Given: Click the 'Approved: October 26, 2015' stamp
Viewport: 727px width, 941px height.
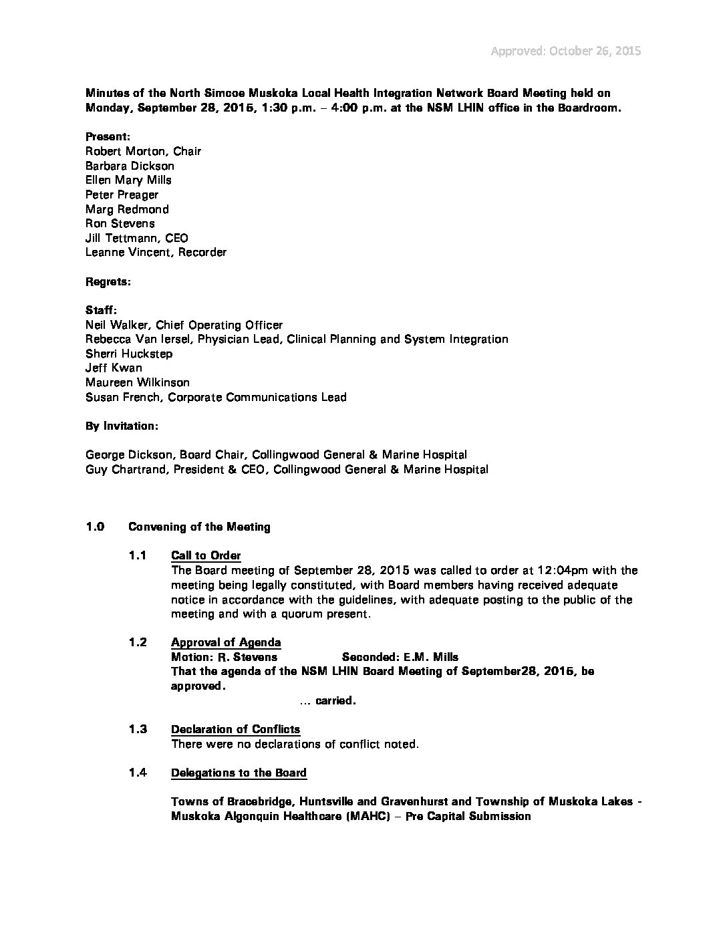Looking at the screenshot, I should (566, 51).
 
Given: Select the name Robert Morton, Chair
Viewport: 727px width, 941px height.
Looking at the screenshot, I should (143, 151).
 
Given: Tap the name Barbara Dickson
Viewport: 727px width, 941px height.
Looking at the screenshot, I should (130, 166).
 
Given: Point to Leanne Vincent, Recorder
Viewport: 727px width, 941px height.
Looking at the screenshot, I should (156, 252).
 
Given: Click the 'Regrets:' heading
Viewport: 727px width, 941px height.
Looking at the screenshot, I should (108, 281).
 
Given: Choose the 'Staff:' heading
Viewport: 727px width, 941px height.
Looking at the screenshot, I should (102, 310).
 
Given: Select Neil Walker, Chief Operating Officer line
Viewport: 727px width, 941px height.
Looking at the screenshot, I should (184, 325).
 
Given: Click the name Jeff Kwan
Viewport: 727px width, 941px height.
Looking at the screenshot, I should (114, 368).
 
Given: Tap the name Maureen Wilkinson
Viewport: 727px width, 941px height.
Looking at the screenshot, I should (137, 382).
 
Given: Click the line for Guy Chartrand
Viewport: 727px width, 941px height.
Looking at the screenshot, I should (287, 469).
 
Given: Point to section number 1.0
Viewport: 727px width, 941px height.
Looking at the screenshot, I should (95, 527).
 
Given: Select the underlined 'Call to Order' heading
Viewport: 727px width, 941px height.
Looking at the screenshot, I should (206, 555).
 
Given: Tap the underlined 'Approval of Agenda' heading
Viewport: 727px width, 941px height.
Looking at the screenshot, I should (226, 642).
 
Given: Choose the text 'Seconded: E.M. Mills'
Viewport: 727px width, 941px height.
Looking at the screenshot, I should (400, 657).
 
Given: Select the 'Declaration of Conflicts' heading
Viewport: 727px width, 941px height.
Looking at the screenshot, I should (235, 729).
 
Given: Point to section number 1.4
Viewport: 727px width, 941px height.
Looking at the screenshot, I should (138, 773).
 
